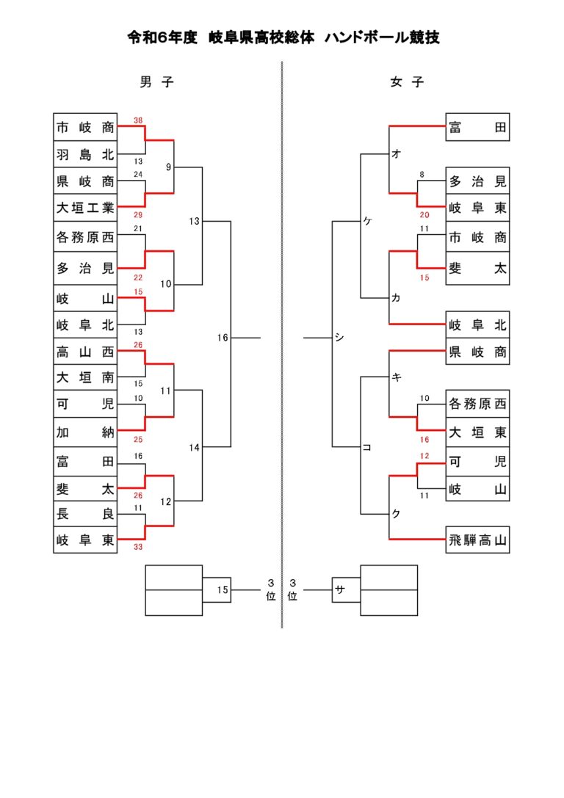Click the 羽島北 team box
(x=85, y=154)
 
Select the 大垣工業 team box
(x=85, y=208)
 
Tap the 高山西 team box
(x=85, y=351)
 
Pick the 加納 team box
(x=85, y=432)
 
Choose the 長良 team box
(x=85, y=513)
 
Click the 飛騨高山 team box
(x=477, y=540)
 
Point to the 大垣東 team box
(x=477, y=432)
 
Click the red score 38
(x=138, y=120)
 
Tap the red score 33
(x=138, y=547)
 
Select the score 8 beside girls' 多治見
(x=422, y=174)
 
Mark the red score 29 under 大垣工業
(x=138, y=215)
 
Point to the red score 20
(x=424, y=215)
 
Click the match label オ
(x=396, y=153)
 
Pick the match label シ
(x=339, y=337)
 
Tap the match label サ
(x=340, y=590)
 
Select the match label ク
(x=396, y=514)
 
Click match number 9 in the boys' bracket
(x=168, y=167)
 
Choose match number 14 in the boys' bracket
(x=194, y=447)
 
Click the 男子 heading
(x=156, y=82)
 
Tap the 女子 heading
(x=407, y=82)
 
